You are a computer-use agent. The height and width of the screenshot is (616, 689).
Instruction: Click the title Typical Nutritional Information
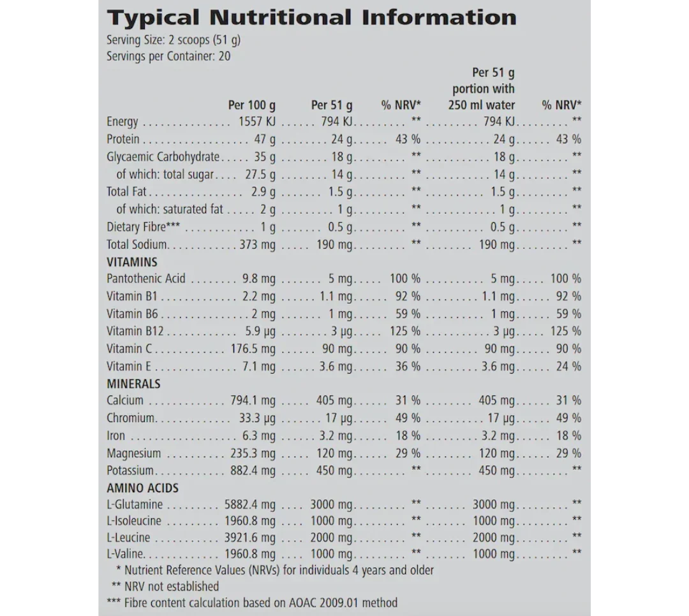click(x=311, y=17)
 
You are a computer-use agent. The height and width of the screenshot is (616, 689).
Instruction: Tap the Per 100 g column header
click(x=251, y=105)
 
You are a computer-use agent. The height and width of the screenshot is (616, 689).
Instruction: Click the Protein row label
click(x=122, y=139)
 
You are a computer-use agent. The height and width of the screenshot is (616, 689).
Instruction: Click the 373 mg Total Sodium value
click(x=257, y=244)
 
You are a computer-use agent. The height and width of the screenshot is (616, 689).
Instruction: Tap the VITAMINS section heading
click(x=131, y=261)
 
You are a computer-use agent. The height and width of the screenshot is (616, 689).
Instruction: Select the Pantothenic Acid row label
click(x=146, y=279)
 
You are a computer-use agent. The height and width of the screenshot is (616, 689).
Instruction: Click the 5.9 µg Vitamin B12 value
click(x=260, y=332)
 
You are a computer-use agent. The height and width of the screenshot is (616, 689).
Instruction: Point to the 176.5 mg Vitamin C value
click(x=253, y=349)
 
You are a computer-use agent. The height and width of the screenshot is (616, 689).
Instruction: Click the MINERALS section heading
click(x=133, y=384)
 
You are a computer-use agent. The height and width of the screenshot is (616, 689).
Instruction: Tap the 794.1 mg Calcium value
click(x=253, y=401)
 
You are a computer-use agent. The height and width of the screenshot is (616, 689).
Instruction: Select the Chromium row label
click(x=131, y=418)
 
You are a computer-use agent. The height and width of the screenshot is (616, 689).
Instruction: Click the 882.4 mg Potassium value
click(x=253, y=471)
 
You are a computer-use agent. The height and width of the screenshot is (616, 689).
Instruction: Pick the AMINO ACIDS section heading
click(x=142, y=488)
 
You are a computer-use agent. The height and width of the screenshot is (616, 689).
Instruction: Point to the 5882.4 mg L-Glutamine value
click(x=249, y=505)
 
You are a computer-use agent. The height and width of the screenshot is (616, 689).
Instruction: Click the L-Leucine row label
click(x=128, y=538)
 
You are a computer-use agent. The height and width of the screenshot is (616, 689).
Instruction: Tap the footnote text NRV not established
click(x=171, y=587)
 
